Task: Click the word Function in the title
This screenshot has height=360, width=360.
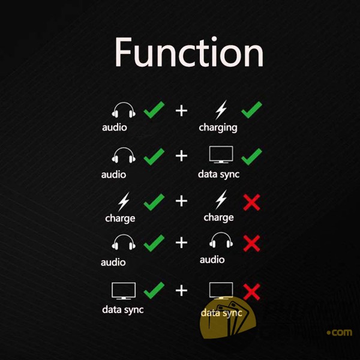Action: click(x=189, y=52)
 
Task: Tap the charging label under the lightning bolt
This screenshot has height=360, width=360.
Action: click(x=218, y=128)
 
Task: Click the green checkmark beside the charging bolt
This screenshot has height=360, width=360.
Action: click(x=251, y=110)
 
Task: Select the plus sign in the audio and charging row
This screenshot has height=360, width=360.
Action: click(x=181, y=111)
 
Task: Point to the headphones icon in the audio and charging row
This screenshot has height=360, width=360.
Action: click(x=124, y=110)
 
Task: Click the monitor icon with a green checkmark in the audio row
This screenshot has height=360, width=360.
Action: click(x=221, y=155)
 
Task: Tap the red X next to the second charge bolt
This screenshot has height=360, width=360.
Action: click(x=251, y=202)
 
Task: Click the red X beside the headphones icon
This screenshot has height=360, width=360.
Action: click(x=251, y=243)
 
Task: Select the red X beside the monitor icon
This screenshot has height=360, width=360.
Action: click(x=251, y=292)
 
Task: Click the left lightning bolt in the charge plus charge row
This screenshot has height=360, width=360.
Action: click(x=124, y=202)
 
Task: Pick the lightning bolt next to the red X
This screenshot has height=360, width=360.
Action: click(x=221, y=200)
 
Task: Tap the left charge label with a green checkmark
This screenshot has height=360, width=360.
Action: click(x=120, y=218)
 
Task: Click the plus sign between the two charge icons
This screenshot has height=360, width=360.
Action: click(x=181, y=201)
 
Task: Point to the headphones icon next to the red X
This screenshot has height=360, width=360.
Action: click(x=221, y=240)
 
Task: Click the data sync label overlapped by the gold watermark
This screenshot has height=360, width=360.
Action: click(x=221, y=313)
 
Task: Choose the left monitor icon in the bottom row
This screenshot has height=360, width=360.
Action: click(x=124, y=291)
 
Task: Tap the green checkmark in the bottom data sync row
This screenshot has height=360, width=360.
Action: click(x=154, y=290)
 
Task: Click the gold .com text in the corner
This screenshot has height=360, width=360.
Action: click(x=340, y=332)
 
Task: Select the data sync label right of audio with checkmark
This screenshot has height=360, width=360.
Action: click(x=218, y=175)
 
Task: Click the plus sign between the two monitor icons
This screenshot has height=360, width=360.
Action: click(x=181, y=290)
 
